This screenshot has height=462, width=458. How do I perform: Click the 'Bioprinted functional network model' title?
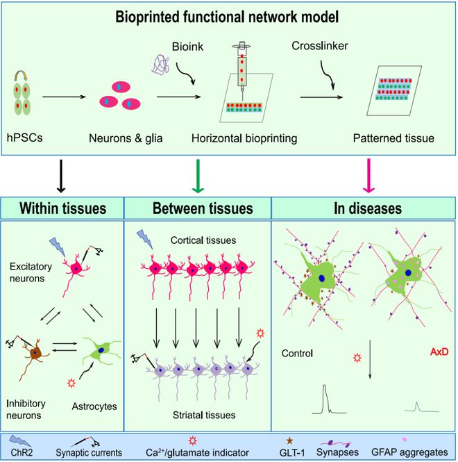pos(227,17)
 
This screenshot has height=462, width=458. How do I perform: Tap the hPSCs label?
pos(25,138)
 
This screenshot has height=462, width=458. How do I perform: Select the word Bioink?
pos(187,47)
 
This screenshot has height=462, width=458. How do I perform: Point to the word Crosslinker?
pos(320,46)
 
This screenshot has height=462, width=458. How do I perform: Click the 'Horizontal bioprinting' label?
pos(244,138)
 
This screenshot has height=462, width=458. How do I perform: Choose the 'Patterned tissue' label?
pos(393,138)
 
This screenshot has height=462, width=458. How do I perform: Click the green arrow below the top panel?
pos(198,176)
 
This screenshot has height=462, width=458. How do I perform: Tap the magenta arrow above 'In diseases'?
pos(368,176)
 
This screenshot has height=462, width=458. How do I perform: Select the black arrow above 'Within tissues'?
pos(60,176)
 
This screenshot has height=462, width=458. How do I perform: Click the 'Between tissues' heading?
pos(203,208)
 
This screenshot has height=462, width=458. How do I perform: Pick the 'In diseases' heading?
pos(368,208)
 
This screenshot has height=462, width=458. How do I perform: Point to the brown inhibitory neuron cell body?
pos(35,352)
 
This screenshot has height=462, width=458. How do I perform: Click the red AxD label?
pos(439,352)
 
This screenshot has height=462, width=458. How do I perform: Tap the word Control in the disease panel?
pos(297,353)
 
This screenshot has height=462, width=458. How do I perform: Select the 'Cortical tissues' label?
pos(203,240)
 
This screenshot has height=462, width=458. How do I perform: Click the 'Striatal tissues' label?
pos(204,415)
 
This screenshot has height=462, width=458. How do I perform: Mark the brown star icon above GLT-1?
pos(289,440)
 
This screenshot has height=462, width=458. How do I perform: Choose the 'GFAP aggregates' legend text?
pos(409,452)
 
